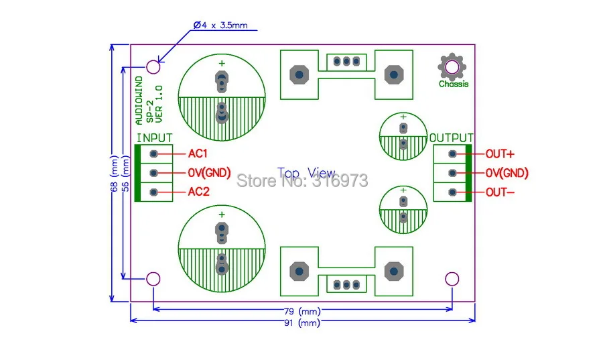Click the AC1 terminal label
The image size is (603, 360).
click(x=198, y=154)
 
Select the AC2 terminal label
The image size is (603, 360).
click(x=198, y=192)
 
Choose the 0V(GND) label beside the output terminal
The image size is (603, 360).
click(x=507, y=173)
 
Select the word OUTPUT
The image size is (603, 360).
click(x=452, y=138)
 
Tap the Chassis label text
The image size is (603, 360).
click(x=454, y=84)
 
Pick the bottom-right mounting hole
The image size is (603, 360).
click(x=452, y=279)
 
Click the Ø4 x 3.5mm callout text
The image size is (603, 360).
click(x=220, y=25)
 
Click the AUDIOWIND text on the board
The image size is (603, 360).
click(x=139, y=101)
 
